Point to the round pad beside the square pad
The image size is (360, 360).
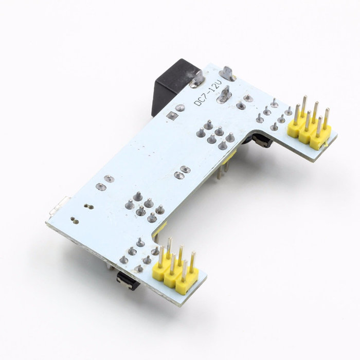[180, 108]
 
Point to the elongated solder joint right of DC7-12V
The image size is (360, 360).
[224, 95]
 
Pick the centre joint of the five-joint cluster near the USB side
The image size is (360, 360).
[141, 210]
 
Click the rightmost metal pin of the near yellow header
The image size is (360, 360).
[193, 262]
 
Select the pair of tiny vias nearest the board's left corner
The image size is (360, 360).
[74, 220]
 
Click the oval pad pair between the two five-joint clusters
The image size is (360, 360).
[181, 171]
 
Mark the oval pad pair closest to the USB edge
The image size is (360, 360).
[106, 179]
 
